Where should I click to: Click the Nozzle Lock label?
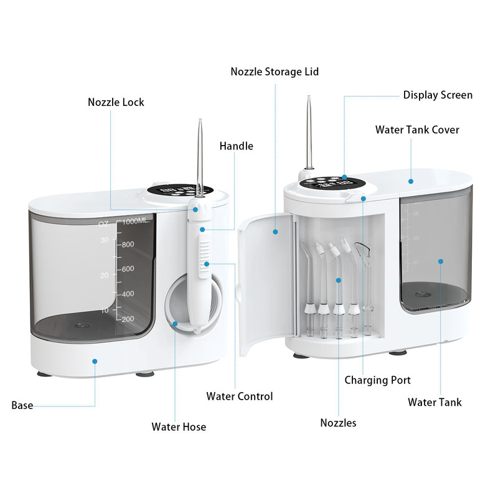point(115,101)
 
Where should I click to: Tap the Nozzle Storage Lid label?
point(275,72)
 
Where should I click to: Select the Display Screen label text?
point(438,95)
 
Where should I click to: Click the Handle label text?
point(236,146)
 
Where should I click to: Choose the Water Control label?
point(240,396)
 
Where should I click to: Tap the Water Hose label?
point(179,427)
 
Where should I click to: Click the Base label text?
point(22,406)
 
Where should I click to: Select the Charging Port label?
point(377,380)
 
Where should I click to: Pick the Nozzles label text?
point(338,423)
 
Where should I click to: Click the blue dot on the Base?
point(95,360)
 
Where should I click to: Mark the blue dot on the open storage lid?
point(275,232)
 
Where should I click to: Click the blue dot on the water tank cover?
point(411,181)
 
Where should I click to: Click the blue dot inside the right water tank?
point(440,262)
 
